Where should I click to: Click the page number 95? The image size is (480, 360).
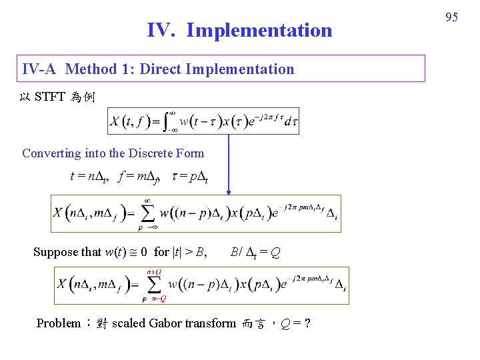point(451,17)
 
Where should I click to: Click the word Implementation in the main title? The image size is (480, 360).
point(259,30)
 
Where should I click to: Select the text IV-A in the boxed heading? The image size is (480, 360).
point(41,69)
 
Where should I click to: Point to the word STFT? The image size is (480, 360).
point(50,97)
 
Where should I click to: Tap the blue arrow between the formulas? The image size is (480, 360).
point(229,164)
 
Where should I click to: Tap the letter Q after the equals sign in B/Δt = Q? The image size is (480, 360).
point(275,253)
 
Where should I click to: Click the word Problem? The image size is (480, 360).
point(58,323)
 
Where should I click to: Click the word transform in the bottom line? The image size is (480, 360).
point(211,323)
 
